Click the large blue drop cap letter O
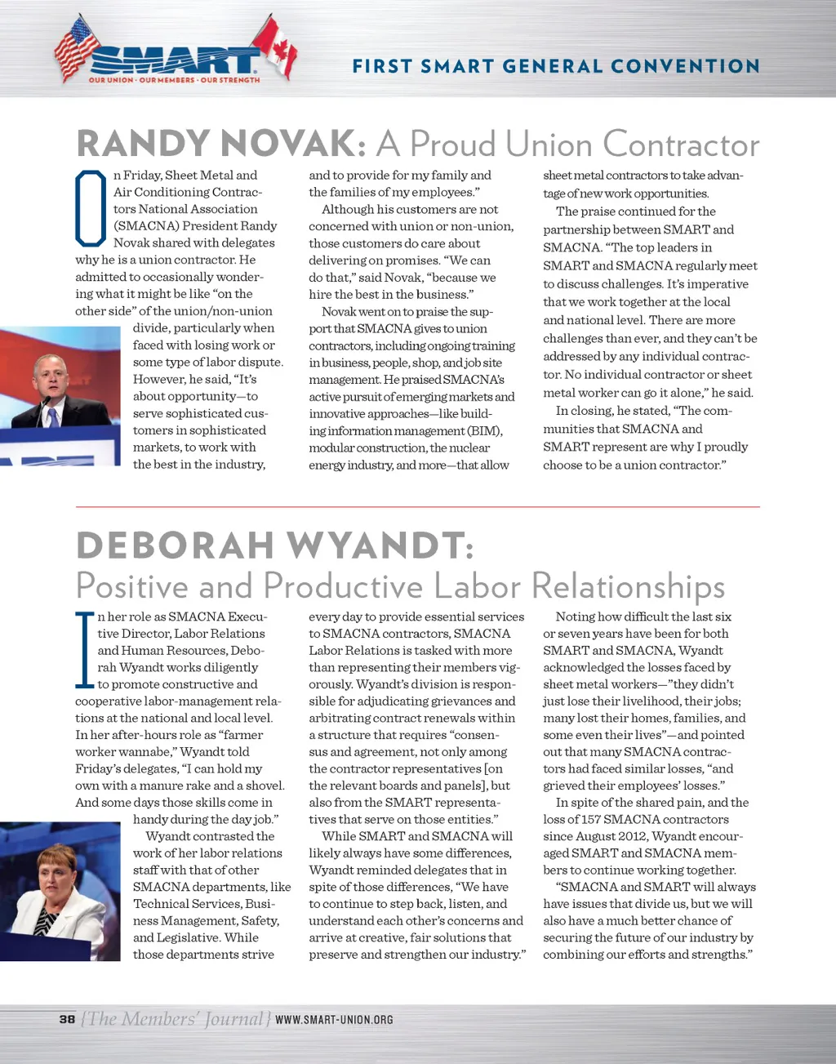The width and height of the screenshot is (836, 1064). point(91,208)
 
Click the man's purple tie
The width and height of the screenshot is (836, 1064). point(53,417)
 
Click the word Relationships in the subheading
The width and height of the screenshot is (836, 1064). point(628,586)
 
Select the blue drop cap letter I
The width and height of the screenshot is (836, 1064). point(84,649)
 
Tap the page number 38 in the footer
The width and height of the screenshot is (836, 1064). point(67,1019)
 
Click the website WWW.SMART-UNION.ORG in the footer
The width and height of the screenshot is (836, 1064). point(334,1020)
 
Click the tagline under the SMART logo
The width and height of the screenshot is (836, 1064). point(174,80)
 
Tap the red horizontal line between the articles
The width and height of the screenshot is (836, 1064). point(417,507)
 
